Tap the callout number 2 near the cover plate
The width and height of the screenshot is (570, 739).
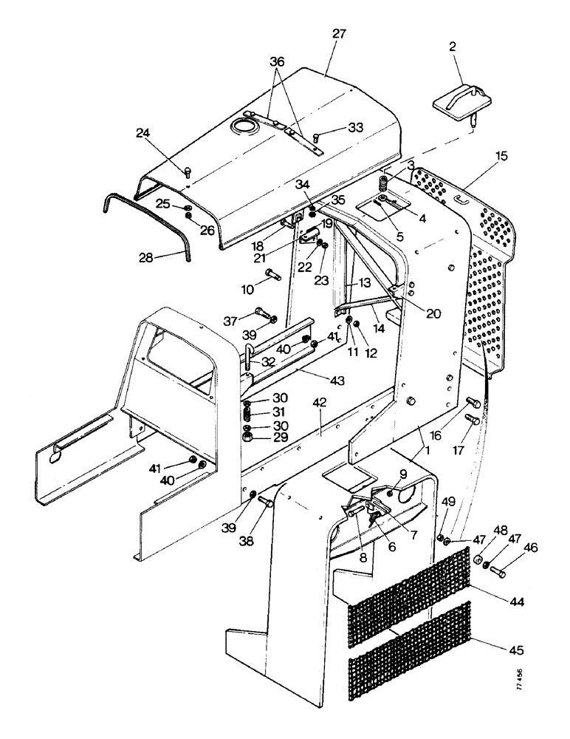pos(453,46)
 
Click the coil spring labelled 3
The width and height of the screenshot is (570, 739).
pos(383,180)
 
